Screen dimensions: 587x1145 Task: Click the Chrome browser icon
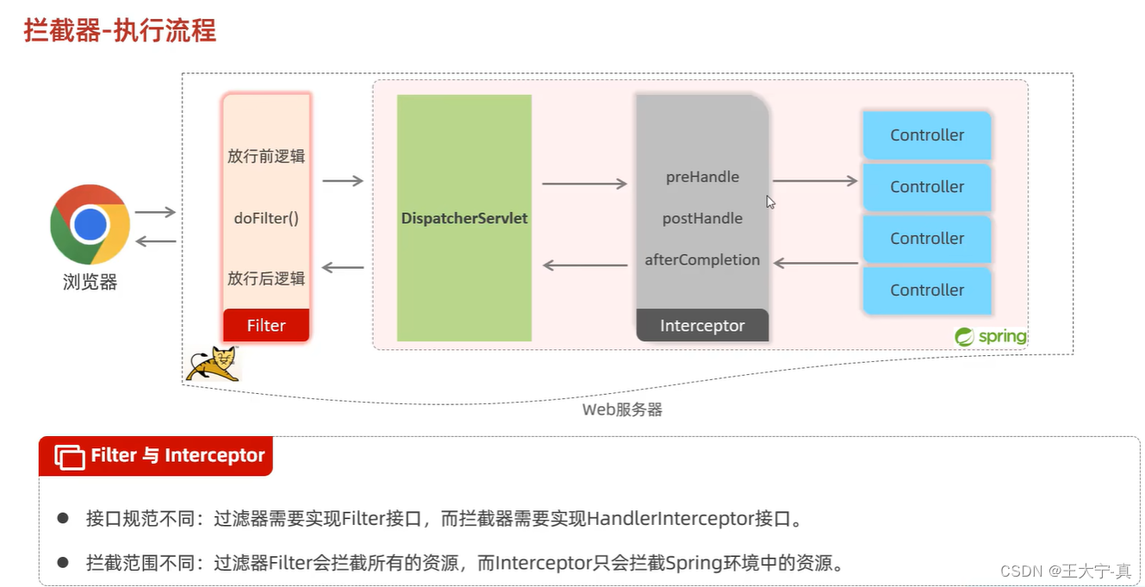[90, 224]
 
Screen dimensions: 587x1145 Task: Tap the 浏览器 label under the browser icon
[90, 282]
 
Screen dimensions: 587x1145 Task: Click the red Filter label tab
[266, 325]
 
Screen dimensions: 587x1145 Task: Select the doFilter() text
[266, 218]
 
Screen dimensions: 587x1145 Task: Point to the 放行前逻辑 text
[266, 157]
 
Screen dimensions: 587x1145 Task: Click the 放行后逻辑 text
[266, 278]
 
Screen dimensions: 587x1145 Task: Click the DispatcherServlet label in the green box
[464, 219]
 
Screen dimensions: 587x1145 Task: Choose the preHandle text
[702, 177]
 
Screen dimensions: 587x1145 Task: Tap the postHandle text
[702, 218]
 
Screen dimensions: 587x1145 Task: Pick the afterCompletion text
[702, 259]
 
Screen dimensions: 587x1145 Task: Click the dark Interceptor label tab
[702, 326]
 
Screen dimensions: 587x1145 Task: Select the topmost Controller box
[927, 135]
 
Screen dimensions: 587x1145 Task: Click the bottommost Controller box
[927, 290]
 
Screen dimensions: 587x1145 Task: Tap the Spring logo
[991, 336]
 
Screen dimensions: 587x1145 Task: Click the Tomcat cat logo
[212, 365]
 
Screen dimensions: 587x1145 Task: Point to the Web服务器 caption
[622, 409]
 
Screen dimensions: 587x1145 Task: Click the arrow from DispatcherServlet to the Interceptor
[584, 184]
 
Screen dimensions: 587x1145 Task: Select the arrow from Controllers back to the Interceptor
[816, 263]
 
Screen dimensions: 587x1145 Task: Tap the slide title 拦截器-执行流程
[120, 31]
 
